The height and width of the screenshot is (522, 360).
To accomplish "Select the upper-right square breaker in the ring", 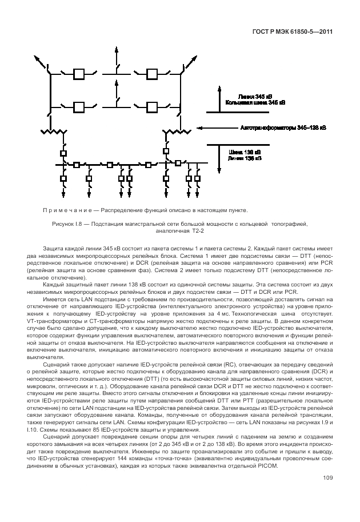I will (151, 74).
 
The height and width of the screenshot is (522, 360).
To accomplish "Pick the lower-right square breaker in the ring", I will (151, 106).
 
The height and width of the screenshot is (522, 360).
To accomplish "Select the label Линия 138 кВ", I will (244, 158).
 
